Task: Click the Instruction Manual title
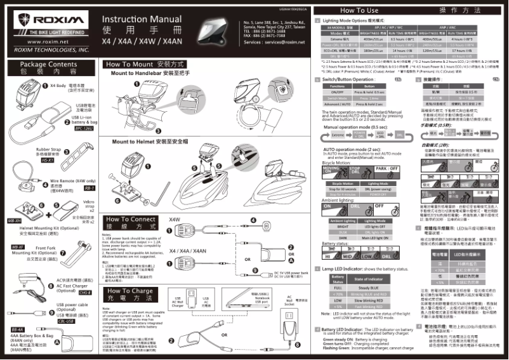(141, 19)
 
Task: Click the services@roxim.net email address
(287, 41)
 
